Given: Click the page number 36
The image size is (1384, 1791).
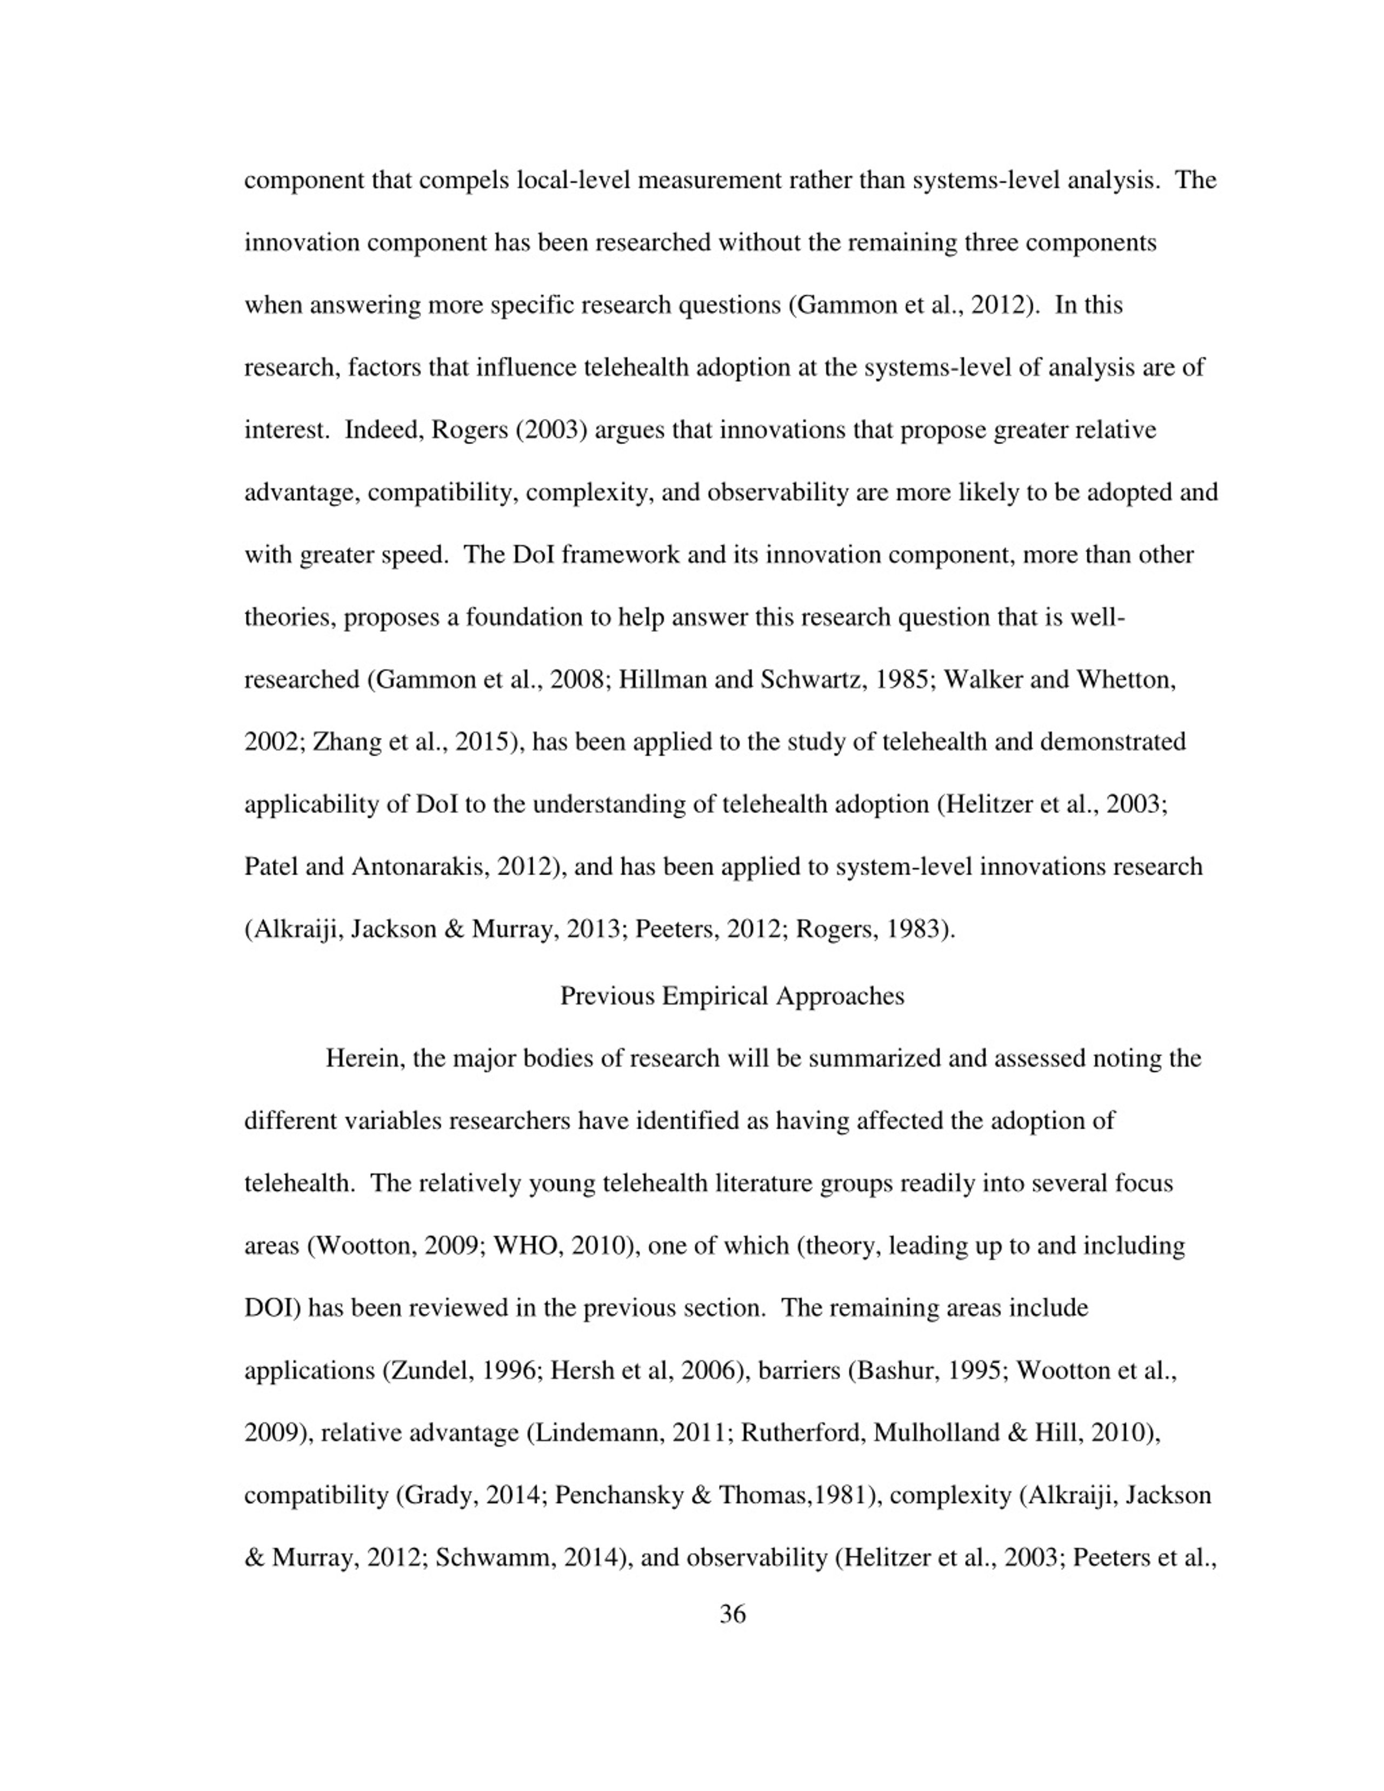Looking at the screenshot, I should (x=732, y=1614).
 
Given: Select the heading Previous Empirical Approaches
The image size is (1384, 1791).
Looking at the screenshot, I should (x=732, y=996).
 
